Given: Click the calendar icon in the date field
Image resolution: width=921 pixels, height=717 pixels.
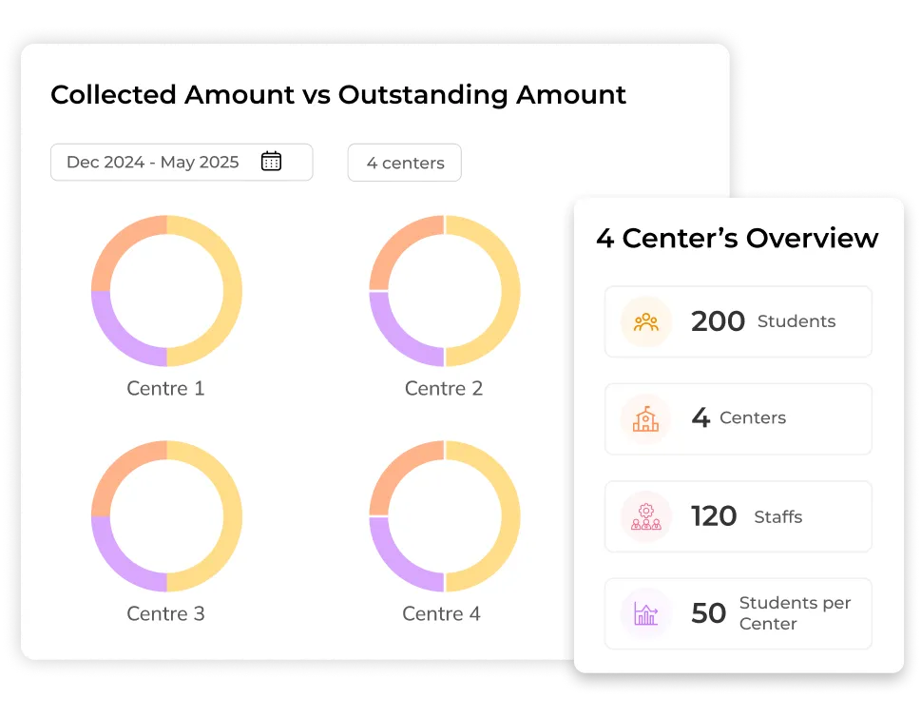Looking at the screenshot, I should click(271, 162).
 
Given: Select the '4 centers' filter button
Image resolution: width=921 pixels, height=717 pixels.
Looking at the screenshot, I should click(405, 163).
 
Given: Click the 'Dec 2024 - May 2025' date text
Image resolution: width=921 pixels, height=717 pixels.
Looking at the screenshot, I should click(153, 162).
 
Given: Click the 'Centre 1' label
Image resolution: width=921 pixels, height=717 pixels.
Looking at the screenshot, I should click(165, 388).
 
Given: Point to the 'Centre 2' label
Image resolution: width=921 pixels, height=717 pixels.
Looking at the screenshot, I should click(444, 388).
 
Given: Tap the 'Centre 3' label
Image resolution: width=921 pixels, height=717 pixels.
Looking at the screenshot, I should click(165, 613).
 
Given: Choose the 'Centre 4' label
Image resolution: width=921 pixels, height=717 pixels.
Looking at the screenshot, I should click(441, 613).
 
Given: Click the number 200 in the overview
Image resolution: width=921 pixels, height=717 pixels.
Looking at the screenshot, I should click(718, 321).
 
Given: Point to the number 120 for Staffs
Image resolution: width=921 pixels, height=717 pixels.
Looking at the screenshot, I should click(714, 516).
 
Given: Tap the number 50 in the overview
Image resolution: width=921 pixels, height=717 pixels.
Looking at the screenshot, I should click(709, 613).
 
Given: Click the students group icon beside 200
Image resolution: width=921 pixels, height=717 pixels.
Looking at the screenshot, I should click(646, 321).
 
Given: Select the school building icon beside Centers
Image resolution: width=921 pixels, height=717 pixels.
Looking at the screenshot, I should click(646, 418).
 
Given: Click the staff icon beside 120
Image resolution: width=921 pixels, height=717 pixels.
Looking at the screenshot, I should click(646, 516).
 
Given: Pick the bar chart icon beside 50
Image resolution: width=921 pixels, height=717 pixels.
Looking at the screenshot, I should click(646, 613).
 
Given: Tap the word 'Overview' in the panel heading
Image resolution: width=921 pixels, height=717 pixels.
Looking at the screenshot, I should click(813, 238).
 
